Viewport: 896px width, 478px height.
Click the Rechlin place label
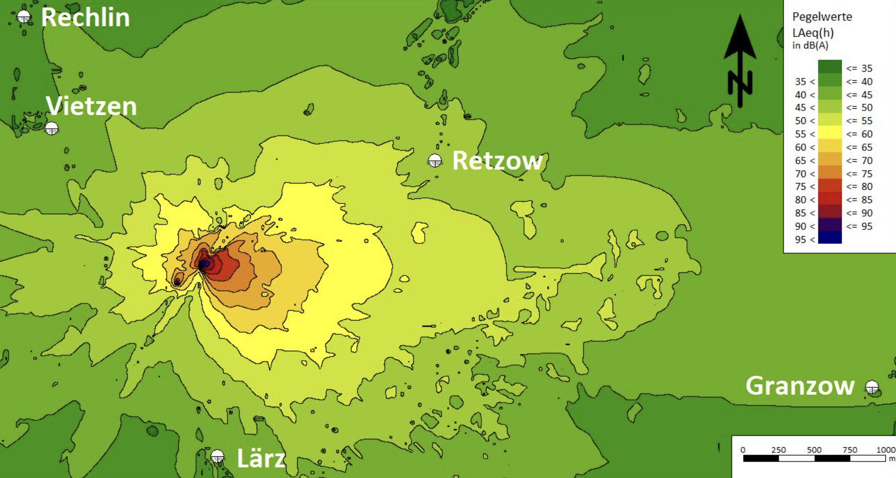click(x=85, y=18)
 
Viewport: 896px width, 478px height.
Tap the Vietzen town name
click(x=91, y=106)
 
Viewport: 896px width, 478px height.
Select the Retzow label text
click(x=497, y=161)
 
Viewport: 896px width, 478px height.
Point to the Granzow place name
click(x=800, y=385)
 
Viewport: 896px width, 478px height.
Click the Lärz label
click(x=261, y=458)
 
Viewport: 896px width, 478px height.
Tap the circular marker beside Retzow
click(x=435, y=161)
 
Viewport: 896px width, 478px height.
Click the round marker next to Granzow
click(x=872, y=387)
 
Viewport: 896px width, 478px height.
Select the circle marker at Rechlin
click(x=24, y=17)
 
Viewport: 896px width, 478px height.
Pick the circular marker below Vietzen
click(x=52, y=128)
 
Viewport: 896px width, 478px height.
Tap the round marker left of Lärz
click(x=217, y=457)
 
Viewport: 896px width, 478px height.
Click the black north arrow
click(x=740, y=59)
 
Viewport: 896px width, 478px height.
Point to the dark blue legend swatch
click(x=829, y=237)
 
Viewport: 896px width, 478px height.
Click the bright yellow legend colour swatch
click(x=829, y=133)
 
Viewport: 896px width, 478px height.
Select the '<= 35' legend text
click(x=859, y=69)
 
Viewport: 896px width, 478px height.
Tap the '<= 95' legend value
click(x=859, y=226)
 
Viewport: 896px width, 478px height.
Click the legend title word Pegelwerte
click(x=822, y=17)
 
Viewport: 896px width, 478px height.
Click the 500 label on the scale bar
click(x=814, y=450)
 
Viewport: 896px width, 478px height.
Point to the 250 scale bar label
click(x=778, y=450)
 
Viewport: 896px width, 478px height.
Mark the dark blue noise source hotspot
click(x=204, y=264)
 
